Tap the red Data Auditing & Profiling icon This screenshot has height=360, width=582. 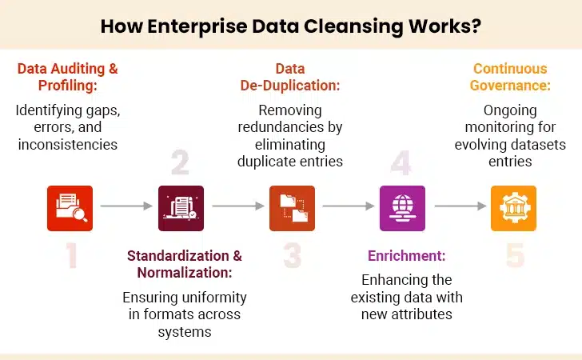coord(70,208)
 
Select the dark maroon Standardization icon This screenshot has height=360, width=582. coord(181,208)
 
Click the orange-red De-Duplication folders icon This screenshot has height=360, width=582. coord(292,208)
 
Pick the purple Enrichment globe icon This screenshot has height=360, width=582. coord(402,208)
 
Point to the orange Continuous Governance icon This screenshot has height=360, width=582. coord(512,208)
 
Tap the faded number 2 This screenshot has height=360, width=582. coord(180,162)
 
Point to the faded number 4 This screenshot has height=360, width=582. coord(401,162)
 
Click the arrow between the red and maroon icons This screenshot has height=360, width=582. coord(126,206)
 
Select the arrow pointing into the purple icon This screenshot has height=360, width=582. coord(348,206)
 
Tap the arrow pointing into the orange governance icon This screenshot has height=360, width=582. coord(458,206)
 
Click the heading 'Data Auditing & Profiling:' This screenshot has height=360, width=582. coord(68,77)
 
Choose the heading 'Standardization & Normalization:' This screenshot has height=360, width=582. coord(185,264)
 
